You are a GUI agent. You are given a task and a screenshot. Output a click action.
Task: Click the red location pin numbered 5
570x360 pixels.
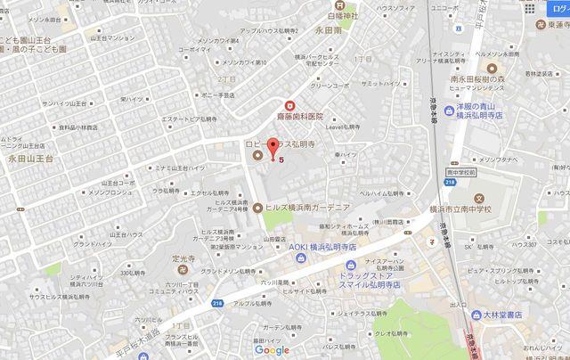(272, 147)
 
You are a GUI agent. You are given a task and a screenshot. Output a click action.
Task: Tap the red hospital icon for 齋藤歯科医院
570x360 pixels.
(288, 105)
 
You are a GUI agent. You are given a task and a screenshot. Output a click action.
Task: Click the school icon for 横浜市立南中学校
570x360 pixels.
(480, 198)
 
